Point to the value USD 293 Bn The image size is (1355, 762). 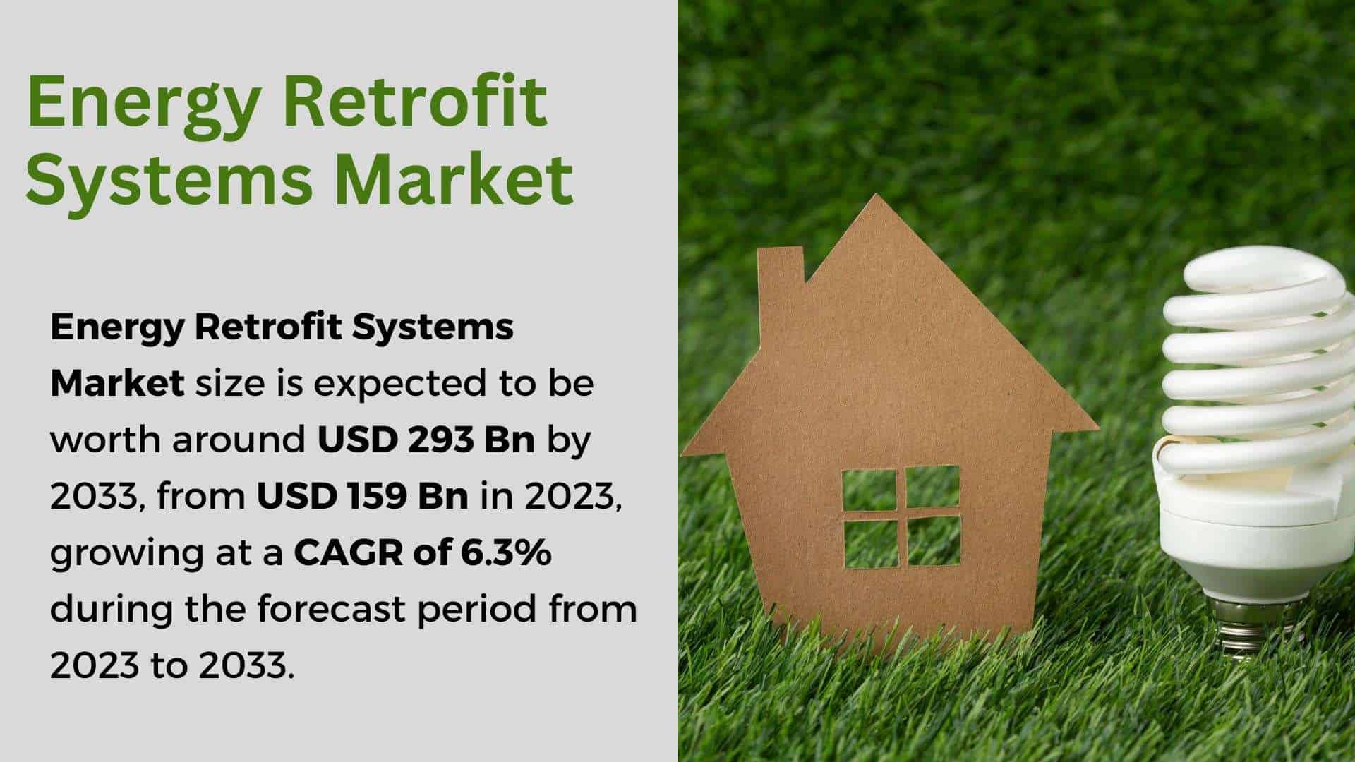(x=426, y=440)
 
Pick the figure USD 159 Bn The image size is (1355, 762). (x=362, y=497)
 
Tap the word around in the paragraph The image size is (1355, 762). (x=239, y=440)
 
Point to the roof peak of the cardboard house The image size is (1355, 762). (x=876, y=198)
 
